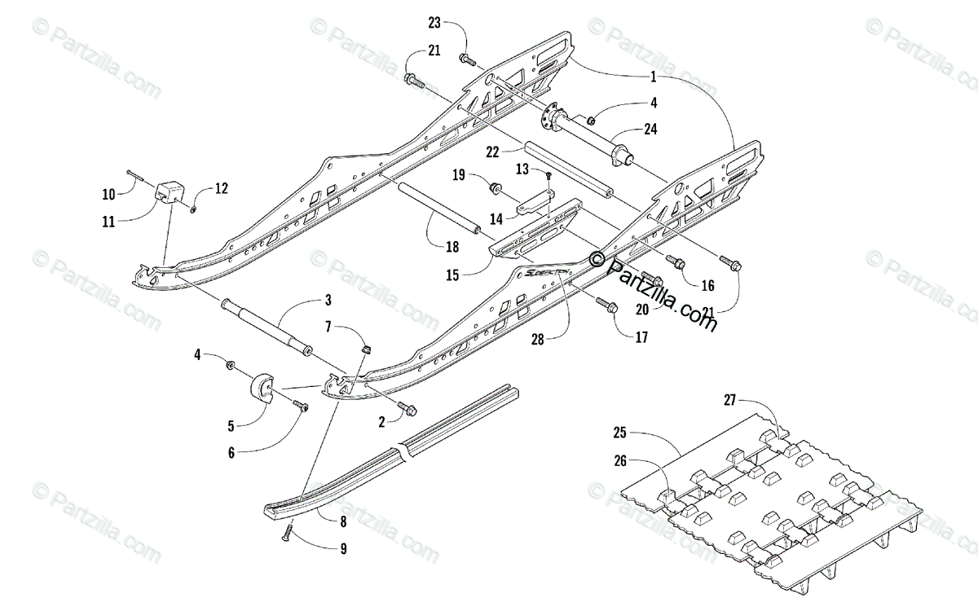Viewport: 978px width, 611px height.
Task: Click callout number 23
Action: (457, 22)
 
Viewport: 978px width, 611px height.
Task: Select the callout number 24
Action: (650, 128)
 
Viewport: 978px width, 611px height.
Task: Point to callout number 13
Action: (522, 169)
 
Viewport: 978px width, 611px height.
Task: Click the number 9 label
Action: (343, 549)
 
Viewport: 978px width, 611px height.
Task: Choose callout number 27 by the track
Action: (730, 400)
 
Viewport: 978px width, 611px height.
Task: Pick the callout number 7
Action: (328, 327)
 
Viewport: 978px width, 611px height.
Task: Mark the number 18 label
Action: (452, 247)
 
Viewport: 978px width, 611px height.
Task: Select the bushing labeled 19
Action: (495, 188)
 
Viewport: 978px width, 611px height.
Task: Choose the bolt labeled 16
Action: (675, 261)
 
